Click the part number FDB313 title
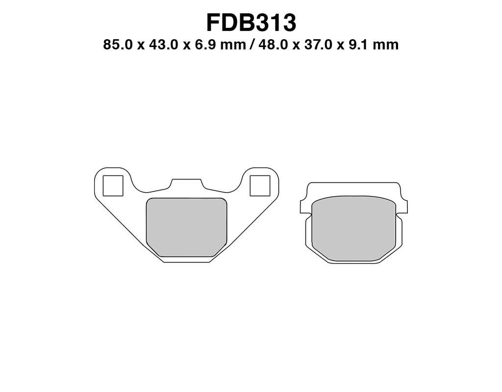[251, 23]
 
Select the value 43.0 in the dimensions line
[163, 45]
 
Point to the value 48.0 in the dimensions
[274, 45]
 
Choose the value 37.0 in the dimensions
[319, 45]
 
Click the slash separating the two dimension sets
[251, 45]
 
